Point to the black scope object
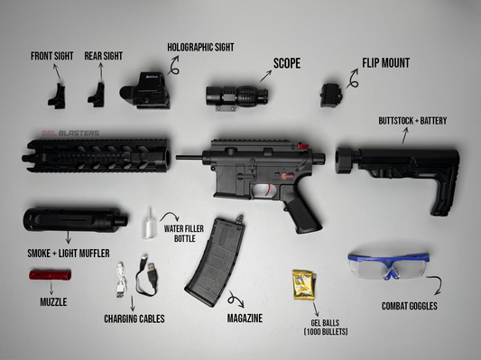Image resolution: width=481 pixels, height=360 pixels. point(232,96)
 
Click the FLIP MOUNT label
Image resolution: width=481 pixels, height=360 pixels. point(385,63)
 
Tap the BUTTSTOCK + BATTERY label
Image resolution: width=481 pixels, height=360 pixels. point(412,120)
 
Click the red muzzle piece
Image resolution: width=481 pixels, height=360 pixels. point(51,274)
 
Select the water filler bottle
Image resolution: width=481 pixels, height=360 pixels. point(150,222)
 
